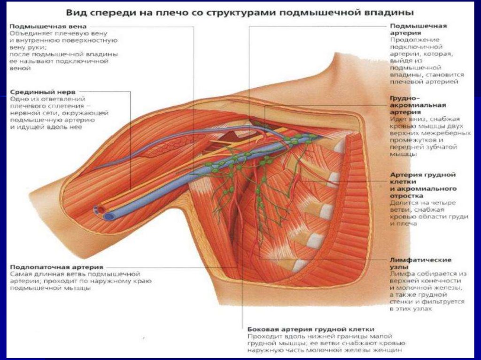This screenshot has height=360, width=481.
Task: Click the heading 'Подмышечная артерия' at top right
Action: pos(418,29)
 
